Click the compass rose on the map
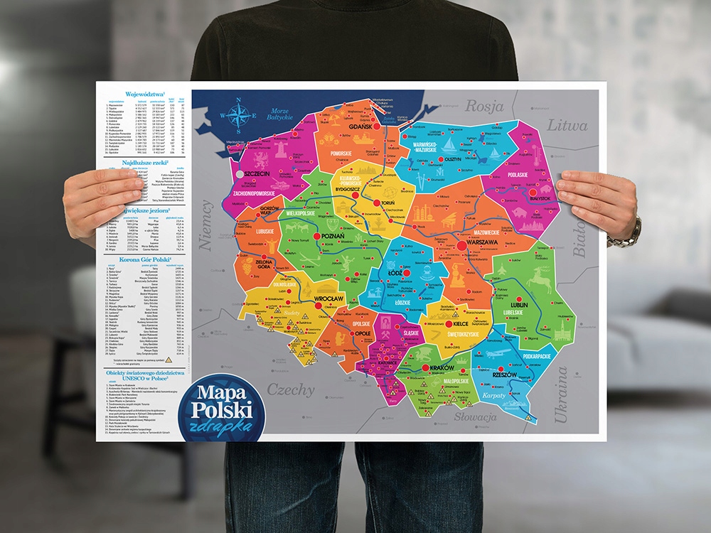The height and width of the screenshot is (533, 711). [240, 111]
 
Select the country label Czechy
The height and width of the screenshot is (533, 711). [291, 389]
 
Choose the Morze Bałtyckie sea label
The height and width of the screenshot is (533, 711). [284, 114]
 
